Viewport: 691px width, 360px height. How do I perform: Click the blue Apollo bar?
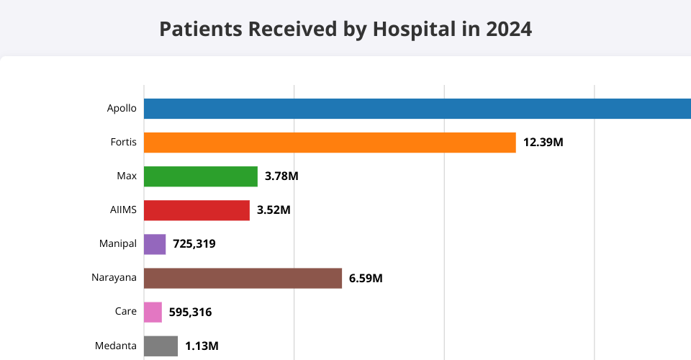[417, 109]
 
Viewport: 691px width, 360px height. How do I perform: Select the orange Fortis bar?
[330, 143]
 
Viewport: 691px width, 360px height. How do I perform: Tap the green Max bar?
[201, 176]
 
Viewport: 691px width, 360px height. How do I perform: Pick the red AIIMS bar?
[197, 210]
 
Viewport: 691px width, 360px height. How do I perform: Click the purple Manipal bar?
[155, 244]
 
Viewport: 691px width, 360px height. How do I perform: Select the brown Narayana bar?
[243, 278]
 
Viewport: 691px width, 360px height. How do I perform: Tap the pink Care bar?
[153, 312]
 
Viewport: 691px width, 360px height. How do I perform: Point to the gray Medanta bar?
[161, 346]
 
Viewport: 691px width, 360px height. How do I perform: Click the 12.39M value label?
[543, 143]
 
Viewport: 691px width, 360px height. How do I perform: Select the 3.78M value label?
[281, 176]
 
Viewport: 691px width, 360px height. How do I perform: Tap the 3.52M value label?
[274, 210]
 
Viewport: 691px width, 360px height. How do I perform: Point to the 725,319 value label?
[194, 244]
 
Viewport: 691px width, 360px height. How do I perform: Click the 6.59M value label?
[366, 278]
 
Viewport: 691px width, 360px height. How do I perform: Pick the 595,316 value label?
[190, 312]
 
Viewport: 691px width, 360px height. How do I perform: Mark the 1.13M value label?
[202, 346]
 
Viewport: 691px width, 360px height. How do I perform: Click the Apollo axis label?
[122, 109]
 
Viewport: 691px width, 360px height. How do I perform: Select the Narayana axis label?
[114, 278]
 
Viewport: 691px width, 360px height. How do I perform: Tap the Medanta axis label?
[116, 346]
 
